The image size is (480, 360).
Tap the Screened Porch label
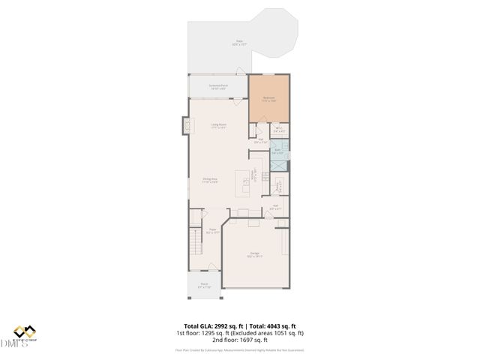click(x=218, y=87)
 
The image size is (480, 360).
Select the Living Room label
click(x=218, y=126)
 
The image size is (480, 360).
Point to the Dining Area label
click(x=210, y=180)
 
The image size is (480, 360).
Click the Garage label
click(x=256, y=255)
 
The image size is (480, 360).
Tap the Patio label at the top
click(x=239, y=43)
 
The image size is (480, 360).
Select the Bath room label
click(x=277, y=152)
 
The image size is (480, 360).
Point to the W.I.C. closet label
click(x=278, y=130)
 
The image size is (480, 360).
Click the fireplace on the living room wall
click(x=184, y=127)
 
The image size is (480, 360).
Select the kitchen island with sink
click(x=243, y=180)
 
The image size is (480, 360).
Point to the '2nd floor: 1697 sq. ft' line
click(x=239, y=340)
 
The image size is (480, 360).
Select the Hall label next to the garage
click(x=275, y=208)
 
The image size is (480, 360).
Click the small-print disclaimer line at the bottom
click(x=239, y=349)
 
